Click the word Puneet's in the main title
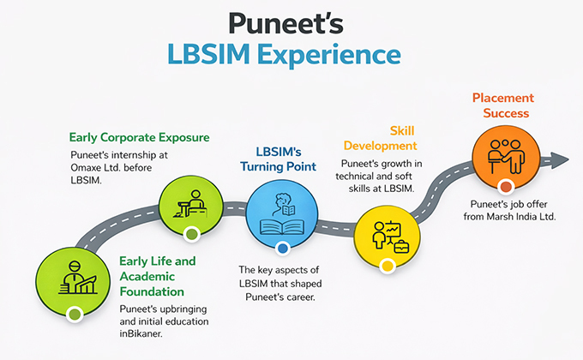pos(291,23)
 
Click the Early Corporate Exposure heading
pos(140,137)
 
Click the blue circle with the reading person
pos(282,214)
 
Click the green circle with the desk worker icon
pos(191,203)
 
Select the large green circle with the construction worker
pos(75,279)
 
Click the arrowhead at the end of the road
pos(561,159)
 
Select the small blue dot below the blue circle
pos(282,249)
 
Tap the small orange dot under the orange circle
pos(506,186)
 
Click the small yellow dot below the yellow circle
pos(388,266)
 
